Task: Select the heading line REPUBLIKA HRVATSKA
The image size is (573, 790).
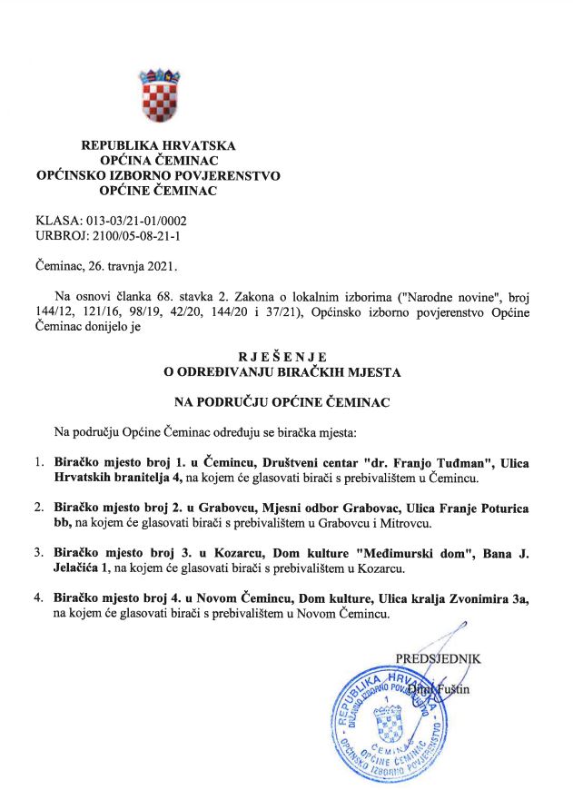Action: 158,145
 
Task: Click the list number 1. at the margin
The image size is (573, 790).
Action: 39,462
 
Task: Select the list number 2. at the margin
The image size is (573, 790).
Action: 39,506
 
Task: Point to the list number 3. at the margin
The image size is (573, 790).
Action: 39,550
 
